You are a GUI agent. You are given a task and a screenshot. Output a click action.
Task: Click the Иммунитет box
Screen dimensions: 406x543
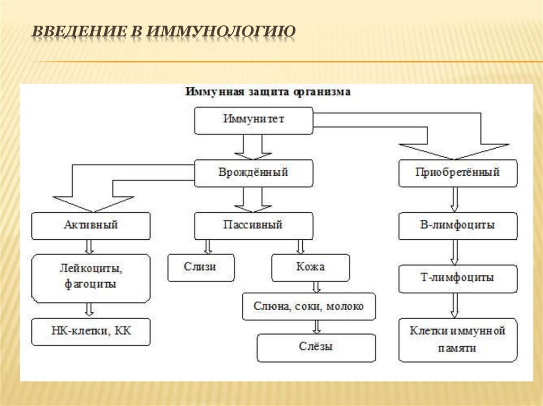coord(253,120)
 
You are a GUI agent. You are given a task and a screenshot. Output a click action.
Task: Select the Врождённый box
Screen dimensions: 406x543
coord(253,173)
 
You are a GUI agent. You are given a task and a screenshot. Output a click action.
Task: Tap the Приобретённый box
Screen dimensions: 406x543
coord(457,173)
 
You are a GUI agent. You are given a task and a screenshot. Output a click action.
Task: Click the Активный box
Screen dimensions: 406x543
coord(90,225)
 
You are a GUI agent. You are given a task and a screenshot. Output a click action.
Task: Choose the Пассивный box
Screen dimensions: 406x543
coord(253,225)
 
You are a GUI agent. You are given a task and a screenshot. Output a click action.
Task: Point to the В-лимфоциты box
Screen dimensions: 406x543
coord(457,225)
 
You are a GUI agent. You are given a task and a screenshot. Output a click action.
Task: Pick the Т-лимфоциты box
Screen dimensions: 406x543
coord(457,278)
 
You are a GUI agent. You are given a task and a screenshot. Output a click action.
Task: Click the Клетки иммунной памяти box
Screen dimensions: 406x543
coord(457,340)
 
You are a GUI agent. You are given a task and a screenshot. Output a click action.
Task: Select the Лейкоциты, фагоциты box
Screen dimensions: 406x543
coord(90,277)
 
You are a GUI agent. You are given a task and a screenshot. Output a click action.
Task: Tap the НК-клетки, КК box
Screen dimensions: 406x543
coord(90,331)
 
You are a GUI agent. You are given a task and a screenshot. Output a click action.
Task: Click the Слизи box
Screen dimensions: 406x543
coord(200,267)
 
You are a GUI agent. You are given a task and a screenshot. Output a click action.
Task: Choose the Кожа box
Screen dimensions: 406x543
coord(311,267)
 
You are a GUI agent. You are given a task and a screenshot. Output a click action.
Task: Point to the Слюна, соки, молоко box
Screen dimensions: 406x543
coord(309,306)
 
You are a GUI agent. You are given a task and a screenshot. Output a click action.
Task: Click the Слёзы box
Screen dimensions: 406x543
coord(316,347)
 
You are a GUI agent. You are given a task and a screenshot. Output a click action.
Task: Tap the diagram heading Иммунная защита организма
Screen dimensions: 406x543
coord(267,92)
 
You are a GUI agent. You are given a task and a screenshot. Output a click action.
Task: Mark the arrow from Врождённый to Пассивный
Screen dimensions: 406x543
coord(253,200)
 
